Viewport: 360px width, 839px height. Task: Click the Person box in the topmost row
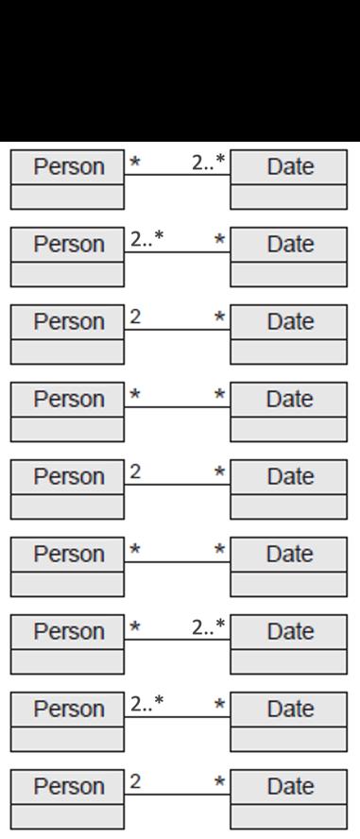(68, 167)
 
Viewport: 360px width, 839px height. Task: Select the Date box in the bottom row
(289, 787)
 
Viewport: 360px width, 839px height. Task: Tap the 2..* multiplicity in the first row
(208, 163)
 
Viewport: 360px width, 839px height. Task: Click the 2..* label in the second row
(146, 240)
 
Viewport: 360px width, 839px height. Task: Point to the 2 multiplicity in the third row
(136, 317)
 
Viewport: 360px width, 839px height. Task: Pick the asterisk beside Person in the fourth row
(135, 395)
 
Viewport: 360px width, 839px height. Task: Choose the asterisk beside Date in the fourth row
(220, 396)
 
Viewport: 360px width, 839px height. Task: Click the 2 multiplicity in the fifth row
(136, 472)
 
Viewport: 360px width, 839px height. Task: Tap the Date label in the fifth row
(289, 477)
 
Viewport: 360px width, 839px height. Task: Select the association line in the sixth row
(178, 562)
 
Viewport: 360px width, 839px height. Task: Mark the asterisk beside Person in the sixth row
(135, 550)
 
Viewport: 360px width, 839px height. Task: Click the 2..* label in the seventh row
(208, 627)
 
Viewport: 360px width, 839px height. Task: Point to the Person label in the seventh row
(68, 632)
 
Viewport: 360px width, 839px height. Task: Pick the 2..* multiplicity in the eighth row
(146, 705)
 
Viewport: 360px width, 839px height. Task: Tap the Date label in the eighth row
(289, 710)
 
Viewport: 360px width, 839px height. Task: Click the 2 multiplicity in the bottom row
(136, 782)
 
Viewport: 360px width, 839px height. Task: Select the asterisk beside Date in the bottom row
(220, 783)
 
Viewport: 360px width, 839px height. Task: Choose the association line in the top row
(178, 175)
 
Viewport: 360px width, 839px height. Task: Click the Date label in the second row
(289, 245)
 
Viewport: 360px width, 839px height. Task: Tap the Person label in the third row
(68, 322)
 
